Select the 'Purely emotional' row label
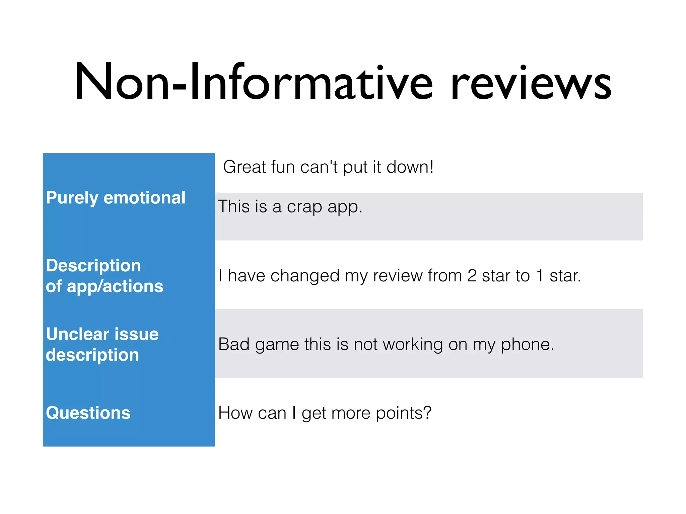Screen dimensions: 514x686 [x=116, y=197]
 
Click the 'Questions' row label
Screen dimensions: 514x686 [x=88, y=413]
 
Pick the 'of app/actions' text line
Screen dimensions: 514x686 [x=105, y=286]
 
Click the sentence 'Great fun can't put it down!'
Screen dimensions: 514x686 [x=328, y=167]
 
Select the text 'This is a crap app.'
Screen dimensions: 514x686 [x=290, y=206]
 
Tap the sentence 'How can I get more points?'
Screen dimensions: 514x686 [x=325, y=413]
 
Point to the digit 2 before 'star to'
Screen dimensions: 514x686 [x=472, y=276]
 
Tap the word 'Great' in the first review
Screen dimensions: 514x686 [x=244, y=167]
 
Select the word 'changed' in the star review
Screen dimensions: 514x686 [x=305, y=276]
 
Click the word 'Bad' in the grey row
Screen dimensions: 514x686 [x=234, y=344]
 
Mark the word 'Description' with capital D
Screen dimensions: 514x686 [x=93, y=266]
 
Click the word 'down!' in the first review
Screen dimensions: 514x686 [x=410, y=167]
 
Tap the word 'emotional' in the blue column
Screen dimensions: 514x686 [x=144, y=197]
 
